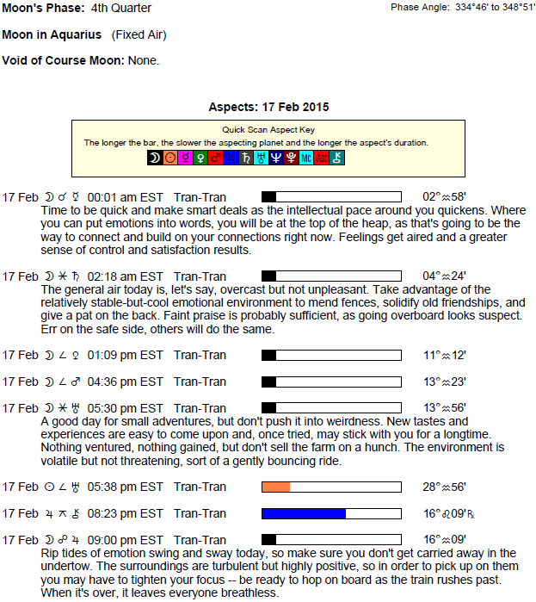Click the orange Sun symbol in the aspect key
(x=169, y=158)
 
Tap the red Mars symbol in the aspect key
(x=216, y=158)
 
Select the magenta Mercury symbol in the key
(x=185, y=158)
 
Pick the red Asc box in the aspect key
(x=321, y=158)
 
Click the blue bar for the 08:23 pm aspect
(x=304, y=514)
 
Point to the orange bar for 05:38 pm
(x=276, y=487)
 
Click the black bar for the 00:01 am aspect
(x=269, y=196)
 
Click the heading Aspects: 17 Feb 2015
(x=268, y=108)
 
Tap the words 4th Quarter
(x=120, y=9)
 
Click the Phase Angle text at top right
(x=462, y=7)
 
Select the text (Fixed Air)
(x=139, y=34)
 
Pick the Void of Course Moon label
(x=64, y=60)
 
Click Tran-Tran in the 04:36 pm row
(x=200, y=382)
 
